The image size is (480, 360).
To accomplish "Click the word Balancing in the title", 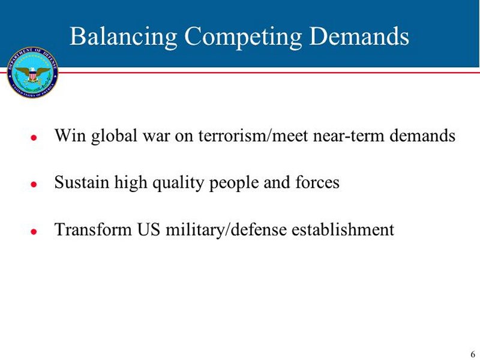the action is point(124,37).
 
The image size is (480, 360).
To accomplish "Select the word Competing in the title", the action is point(243,37).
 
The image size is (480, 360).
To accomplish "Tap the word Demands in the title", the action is point(359,36).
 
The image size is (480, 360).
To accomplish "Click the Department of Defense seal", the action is point(32,73).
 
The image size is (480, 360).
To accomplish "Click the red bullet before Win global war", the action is point(34,137).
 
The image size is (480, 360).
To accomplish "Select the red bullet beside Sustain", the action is point(34,184).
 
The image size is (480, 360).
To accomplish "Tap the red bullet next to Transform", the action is point(34,232).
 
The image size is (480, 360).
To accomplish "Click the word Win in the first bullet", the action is point(70,135).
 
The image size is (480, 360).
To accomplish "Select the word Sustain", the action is point(82,182).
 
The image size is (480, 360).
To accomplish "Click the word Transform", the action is point(93,229).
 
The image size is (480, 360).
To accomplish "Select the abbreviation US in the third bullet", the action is point(149,229).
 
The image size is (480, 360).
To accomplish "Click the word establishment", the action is point(343,229).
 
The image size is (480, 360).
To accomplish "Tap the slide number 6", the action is point(473,354).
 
